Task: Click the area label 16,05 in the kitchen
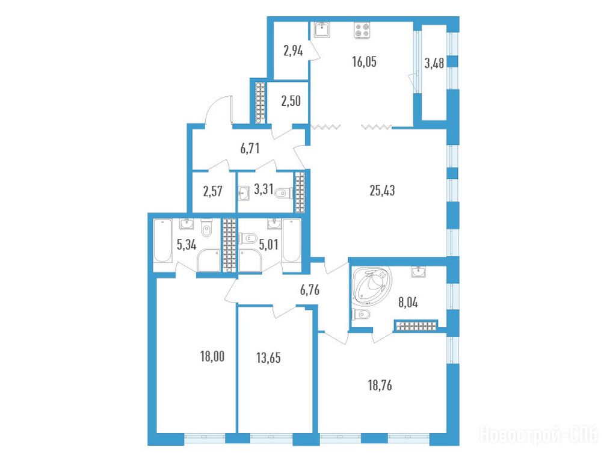[365, 62]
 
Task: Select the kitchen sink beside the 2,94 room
[322, 29]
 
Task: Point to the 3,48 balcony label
[434, 63]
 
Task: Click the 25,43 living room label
[382, 191]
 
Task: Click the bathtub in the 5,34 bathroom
[162, 241]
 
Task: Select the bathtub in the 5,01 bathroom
[292, 241]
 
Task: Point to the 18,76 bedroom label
[380, 386]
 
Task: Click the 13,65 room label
[268, 358]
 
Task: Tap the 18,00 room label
[212, 356]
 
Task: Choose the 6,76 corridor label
[310, 290]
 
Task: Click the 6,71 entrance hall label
[250, 149]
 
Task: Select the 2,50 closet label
[291, 101]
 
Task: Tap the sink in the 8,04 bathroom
[419, 273]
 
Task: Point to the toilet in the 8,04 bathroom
[362, 314]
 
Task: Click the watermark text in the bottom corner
[539, 435]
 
